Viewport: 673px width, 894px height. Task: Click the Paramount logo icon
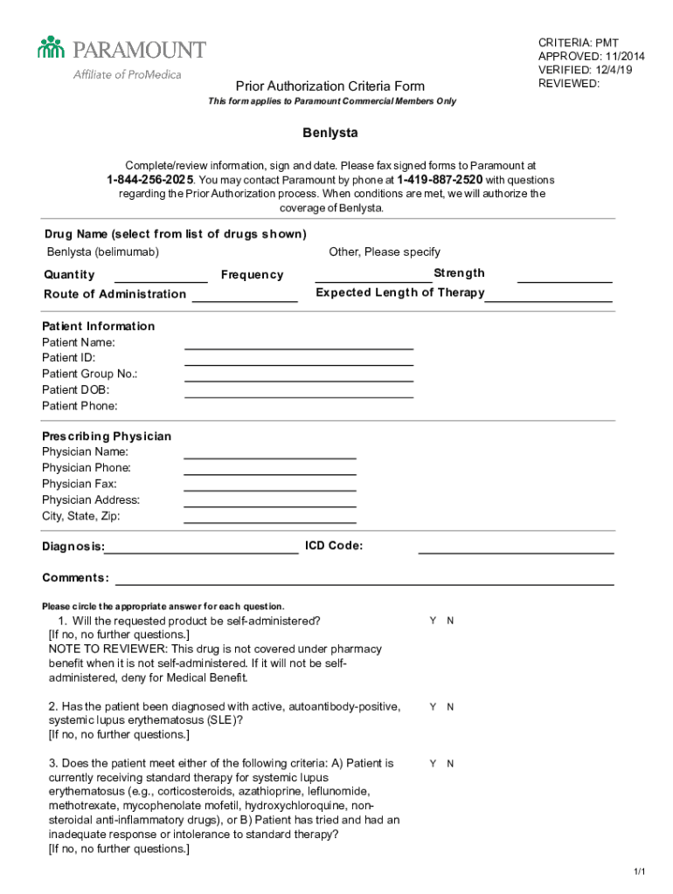[52, 47]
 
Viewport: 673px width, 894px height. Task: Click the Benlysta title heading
[330, 134]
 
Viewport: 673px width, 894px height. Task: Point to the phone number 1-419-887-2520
[440, 179]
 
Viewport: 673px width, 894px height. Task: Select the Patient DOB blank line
[298, 395]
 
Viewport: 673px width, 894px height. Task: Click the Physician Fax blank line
[269, 489]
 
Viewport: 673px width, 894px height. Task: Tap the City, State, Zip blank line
[269, 521]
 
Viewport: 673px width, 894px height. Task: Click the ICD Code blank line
[516, 552]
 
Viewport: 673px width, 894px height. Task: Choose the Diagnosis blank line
[201, 552]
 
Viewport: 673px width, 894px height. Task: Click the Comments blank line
[364, 583]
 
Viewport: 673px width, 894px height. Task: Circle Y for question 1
[432, 621]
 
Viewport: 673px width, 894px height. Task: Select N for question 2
[450, 707]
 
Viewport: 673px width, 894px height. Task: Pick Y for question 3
[432, 763]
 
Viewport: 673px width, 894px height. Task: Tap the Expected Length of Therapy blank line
[548, 299]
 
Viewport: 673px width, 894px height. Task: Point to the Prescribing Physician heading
[107, 436]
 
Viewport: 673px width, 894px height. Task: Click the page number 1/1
[639, 872]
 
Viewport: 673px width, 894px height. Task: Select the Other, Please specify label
[384, 252]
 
